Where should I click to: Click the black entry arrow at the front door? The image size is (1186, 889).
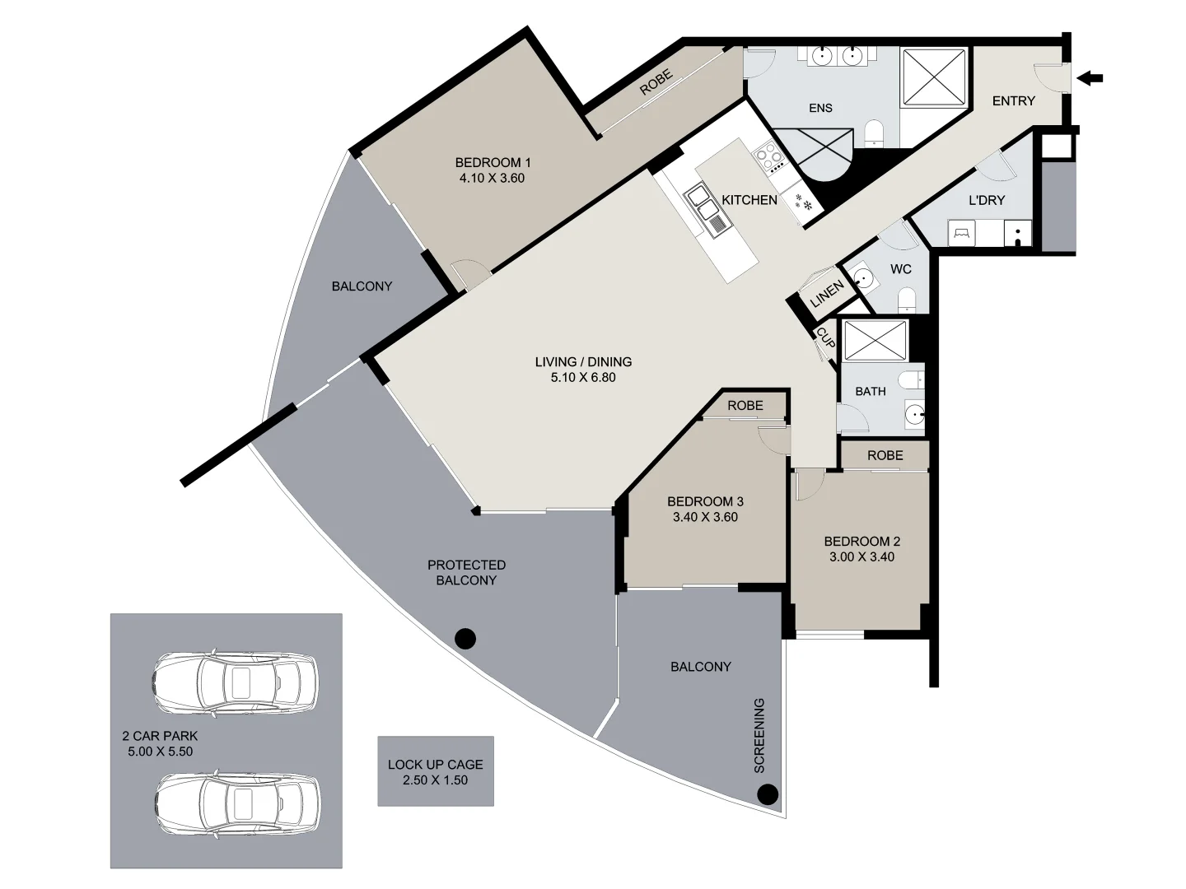(1090, 79)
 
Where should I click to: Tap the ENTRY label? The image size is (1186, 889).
(1013, 100)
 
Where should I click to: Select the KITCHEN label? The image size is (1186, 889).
(749, 200)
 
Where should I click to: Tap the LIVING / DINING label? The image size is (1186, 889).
(583, 361)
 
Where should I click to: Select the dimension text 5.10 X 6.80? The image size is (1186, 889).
(583, 378)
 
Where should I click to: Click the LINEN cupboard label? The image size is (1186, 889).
(827, 293)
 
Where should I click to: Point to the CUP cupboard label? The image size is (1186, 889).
(825, 337)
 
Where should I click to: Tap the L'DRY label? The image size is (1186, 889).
(986, 200)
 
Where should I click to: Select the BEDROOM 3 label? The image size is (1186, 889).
(705, 501)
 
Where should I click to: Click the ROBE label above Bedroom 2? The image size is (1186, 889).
(885, 455)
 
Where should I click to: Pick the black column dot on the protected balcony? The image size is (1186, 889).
(465, 638)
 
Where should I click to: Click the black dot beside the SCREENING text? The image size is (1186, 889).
(768, 794)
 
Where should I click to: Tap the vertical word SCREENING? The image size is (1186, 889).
(759, 735)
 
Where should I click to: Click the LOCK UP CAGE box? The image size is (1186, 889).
(436, 771)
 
